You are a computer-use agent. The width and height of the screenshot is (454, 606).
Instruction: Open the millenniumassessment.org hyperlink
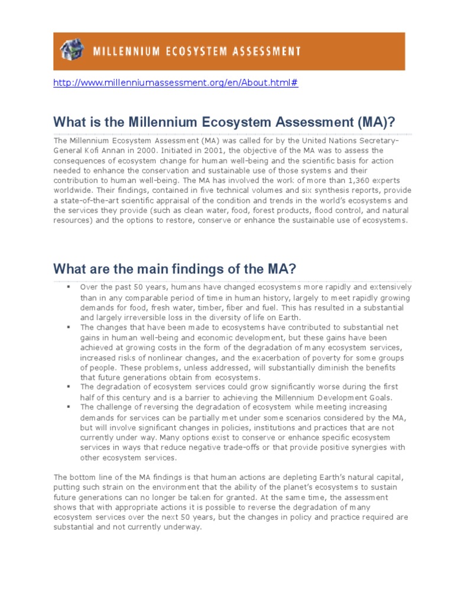tap(176, 83)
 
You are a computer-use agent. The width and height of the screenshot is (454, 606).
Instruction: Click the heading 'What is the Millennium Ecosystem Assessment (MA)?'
tap(223, 122)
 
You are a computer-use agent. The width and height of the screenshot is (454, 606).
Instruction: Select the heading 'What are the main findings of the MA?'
tap(174, 269)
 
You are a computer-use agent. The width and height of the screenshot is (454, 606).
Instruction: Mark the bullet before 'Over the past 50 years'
tap(69, 286)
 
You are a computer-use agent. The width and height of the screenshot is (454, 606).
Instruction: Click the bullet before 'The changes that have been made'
tap(69, 327)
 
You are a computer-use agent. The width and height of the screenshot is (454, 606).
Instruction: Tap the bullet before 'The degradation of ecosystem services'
tap(69, 387)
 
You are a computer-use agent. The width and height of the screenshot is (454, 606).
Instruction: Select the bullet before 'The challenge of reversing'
tap(69, 407)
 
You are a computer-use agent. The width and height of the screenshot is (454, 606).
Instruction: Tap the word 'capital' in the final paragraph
tap(390, 477)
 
